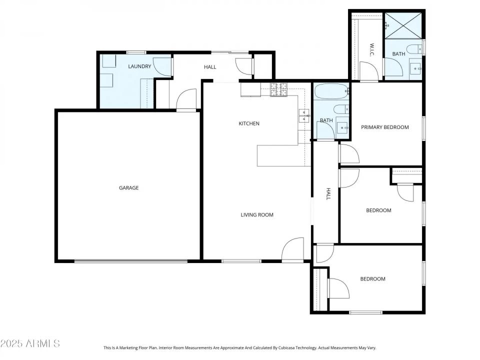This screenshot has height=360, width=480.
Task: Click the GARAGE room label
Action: [128, 188]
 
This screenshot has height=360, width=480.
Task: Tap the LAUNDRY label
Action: [139, 66]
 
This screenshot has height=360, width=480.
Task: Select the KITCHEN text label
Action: [249, 123]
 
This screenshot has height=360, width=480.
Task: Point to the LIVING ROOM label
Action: [257, 215]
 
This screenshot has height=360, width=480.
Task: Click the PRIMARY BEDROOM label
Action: [385, 127]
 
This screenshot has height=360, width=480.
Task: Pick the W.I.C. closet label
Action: [372, 50]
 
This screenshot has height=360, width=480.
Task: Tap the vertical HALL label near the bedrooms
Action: [328, 194]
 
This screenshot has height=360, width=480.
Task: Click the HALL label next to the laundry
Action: [210, 67]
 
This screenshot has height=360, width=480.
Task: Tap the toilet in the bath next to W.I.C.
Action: [413, 49]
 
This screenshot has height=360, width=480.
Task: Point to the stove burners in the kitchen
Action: [279, 90]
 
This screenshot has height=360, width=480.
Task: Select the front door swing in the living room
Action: [293, 249]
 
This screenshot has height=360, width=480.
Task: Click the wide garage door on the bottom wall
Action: [131, 260]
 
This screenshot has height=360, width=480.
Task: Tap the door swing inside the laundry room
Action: [161, 66]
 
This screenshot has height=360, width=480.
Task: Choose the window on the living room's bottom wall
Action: [241, 260]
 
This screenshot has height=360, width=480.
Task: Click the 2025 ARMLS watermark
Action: [30, 343]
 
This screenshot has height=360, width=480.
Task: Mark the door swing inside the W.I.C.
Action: [368, 70]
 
